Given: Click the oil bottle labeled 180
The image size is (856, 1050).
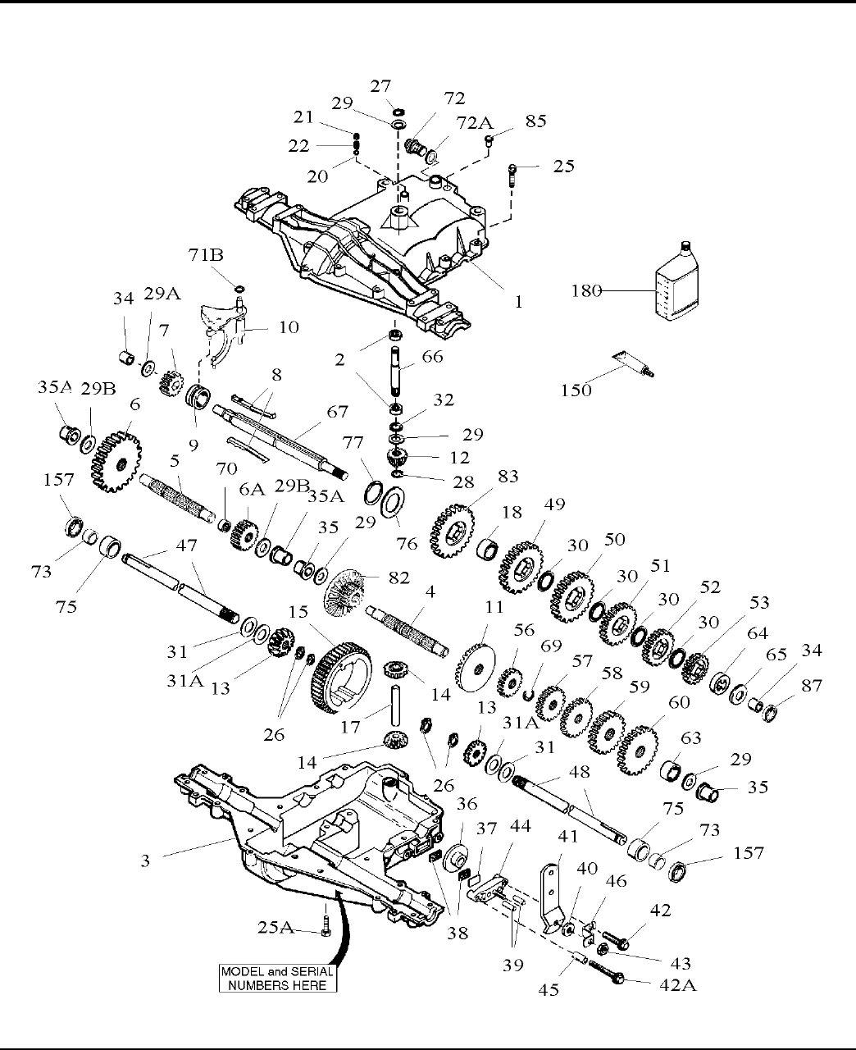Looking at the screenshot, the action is point(676,281).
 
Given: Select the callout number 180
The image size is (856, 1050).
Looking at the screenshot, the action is point(587,290).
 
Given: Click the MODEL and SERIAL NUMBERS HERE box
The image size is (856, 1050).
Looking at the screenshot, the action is point(278,979).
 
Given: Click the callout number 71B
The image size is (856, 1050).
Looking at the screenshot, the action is point(206,255).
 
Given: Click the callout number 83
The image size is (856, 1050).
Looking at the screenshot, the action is point(508,476).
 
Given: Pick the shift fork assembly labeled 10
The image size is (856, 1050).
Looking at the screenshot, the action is point(222,331).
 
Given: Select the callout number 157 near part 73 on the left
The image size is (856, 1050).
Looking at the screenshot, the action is point(58,479).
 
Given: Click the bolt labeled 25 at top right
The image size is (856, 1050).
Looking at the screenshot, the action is point(512,176).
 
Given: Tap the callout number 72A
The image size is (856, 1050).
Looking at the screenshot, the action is point(474,122).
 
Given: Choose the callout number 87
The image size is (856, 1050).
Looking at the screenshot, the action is point(811,685).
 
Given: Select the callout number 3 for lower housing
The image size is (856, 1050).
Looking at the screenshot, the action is point(145,861).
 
